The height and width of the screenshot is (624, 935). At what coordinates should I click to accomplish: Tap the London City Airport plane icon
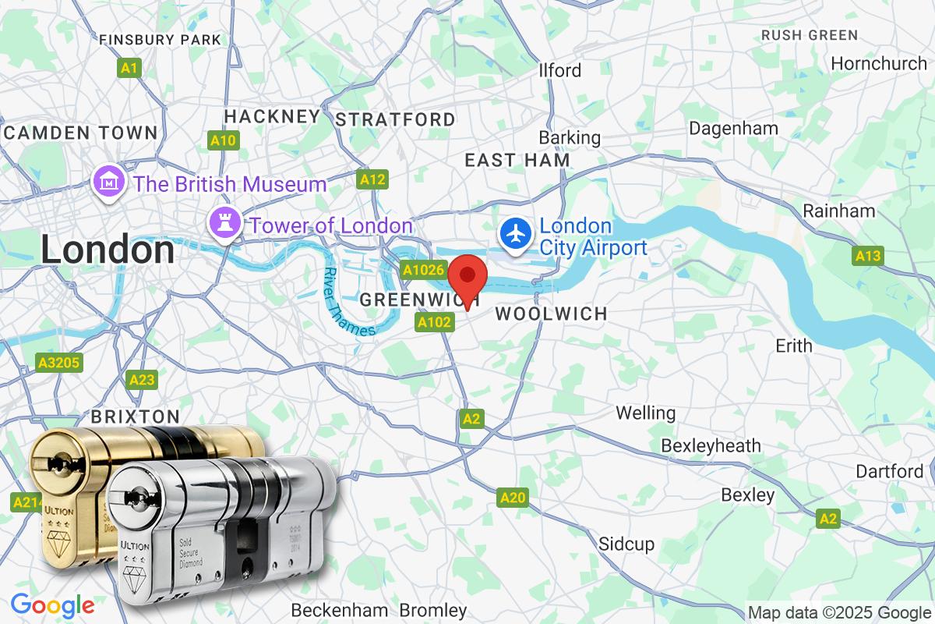click(515, 233)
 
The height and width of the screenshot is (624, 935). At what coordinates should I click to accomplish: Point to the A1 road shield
click(129, 69)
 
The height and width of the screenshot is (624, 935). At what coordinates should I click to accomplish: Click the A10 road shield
click(224, 140)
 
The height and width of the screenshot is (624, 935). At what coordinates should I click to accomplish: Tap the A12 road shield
click(372, 180)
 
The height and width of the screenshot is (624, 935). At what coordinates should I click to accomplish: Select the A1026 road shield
click(423, 270)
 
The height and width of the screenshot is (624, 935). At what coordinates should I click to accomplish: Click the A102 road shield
click(435, 322)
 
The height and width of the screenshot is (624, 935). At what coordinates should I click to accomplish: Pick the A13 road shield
click(867, 256)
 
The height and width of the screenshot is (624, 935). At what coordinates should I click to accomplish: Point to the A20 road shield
click(513, 498)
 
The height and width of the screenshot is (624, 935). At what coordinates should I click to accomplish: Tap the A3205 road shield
click(59, 363)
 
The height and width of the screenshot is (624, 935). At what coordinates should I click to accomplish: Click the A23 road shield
click(142, 380)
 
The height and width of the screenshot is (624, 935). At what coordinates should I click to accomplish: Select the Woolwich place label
click(551, 314)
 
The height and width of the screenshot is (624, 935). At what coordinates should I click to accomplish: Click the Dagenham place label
click(733, 128)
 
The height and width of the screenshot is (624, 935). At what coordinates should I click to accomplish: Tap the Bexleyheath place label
click(711, 445)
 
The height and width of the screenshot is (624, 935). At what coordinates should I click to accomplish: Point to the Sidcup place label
click(626, 544)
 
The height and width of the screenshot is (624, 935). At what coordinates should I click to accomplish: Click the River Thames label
click(348, 302)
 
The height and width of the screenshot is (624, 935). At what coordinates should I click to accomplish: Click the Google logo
click(52, 605)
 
